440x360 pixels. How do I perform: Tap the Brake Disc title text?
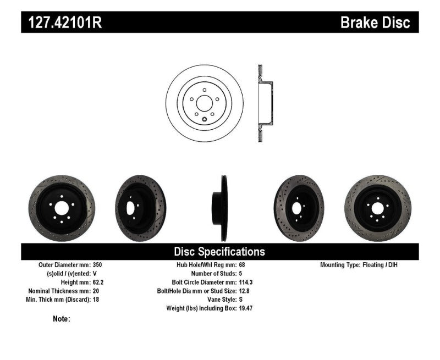(x=375, y=23)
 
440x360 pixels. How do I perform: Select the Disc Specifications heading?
(x=219, y=252)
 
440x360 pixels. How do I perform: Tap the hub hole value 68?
(x=243, y=265)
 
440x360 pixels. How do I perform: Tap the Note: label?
(x=62, y=319)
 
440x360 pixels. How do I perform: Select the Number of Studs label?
(x=213, y=273)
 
